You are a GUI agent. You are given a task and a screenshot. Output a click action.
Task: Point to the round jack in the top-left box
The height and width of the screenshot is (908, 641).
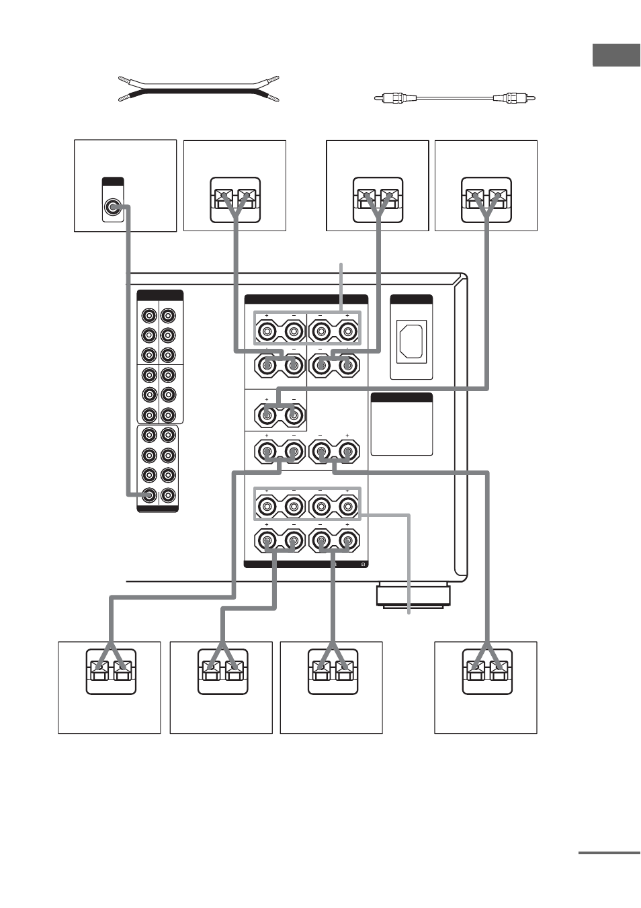click(113, 208)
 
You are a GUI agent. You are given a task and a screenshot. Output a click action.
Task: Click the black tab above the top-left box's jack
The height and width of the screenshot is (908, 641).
click(113, 181)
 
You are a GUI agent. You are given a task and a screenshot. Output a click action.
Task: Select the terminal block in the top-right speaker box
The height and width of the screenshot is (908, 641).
click(486, 200)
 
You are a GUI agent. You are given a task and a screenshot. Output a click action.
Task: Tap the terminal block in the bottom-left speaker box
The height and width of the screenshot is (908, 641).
click(111, 671)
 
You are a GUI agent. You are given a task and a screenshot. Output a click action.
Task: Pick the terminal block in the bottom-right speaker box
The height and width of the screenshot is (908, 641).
click(487, 671)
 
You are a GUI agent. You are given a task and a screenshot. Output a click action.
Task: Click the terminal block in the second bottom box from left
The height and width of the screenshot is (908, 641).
click(223, 671)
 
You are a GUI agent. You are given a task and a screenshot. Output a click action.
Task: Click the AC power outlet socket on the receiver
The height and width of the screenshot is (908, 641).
click(411, 341)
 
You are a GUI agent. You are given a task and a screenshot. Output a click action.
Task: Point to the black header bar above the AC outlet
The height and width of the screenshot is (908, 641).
click(411, 300)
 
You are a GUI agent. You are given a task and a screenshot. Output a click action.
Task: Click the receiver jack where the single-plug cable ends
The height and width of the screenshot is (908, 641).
click(149, 495)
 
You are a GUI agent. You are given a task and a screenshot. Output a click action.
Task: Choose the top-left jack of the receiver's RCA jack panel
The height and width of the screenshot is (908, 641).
click(149, 315)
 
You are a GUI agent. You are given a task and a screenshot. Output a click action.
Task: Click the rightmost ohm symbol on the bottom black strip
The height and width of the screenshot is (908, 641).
click(363, 565)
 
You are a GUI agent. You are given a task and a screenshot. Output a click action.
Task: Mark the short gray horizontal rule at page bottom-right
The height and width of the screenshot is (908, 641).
click(609, 853)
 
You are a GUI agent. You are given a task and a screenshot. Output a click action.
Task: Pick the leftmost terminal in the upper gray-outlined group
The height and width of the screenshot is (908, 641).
click(267, 331)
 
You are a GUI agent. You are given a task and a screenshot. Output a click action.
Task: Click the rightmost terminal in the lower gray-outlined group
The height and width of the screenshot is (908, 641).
click(347, 506)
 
